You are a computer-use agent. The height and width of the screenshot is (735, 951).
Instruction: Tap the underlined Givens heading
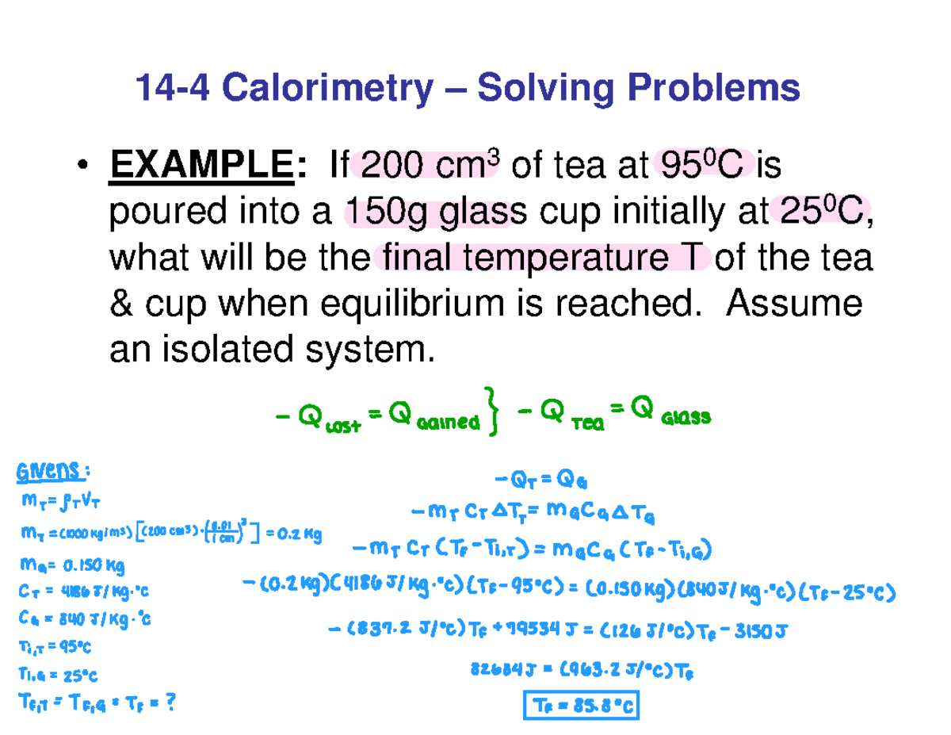48,473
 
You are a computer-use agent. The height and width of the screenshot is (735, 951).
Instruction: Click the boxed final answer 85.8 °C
581,704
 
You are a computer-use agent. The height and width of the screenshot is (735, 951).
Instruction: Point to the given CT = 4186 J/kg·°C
82,591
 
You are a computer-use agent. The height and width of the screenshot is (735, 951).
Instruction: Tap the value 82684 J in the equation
498,671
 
